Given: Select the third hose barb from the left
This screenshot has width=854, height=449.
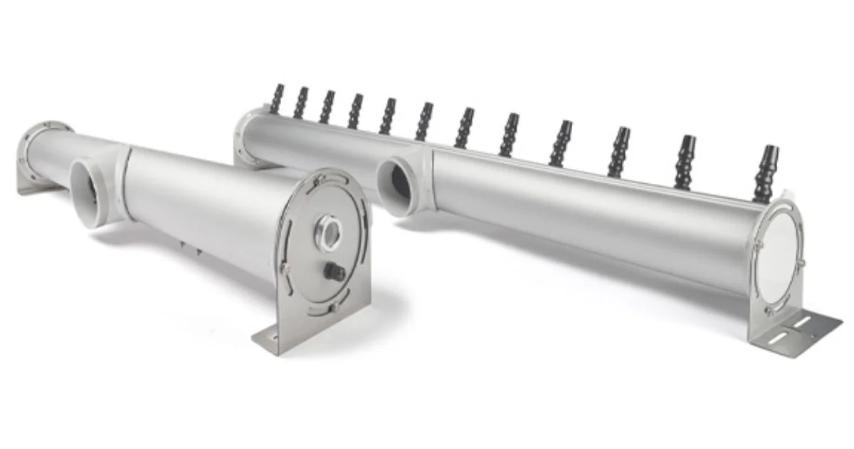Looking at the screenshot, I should [x=327, y=107].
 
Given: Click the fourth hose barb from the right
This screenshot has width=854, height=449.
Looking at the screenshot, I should [x=560, y=143].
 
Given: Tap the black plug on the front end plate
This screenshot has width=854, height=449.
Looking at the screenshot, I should [x=334, y=271].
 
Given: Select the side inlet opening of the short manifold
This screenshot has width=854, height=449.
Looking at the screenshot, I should [x=87, y=191].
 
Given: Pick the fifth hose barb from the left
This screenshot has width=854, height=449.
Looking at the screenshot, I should [x=387, y=116].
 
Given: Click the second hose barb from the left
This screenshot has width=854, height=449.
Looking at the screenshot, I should [x=300, y=103].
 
